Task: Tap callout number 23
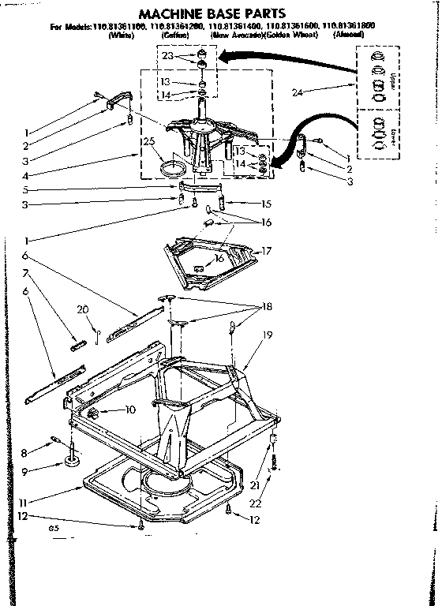click(167, 56)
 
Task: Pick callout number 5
click(25, 189)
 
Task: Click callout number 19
click(268, 335)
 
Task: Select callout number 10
click(130, 410)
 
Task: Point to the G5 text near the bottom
click(54, 528)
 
